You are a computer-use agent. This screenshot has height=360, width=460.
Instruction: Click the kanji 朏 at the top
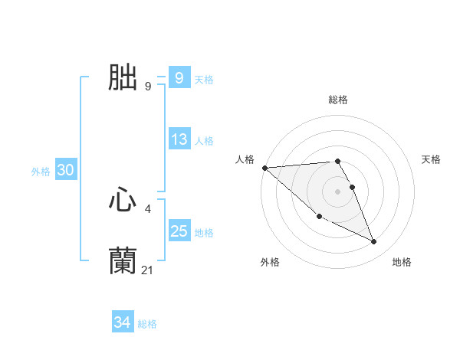pos(123,77)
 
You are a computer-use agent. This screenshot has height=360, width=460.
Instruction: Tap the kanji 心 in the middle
pos(123,201)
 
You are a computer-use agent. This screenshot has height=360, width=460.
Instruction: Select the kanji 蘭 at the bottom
pos(123,261)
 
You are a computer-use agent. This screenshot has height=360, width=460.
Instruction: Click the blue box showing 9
pos(179,77)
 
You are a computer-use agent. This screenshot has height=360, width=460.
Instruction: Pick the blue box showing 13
pos(179,139)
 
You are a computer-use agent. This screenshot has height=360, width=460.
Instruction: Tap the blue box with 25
pos(179,231)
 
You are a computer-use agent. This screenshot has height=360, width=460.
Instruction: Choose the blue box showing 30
pos(65,170)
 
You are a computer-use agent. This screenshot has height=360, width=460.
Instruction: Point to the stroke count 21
pos(148,270)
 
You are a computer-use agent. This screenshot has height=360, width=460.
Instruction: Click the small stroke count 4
pos(147,208)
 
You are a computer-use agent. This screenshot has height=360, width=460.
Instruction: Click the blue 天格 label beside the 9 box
pos(204,80)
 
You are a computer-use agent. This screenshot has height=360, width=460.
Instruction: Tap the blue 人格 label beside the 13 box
pos(204,141)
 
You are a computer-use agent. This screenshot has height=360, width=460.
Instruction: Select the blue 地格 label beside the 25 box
pos(204,233)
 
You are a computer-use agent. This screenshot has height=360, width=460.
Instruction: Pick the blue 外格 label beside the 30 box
pos(41,172)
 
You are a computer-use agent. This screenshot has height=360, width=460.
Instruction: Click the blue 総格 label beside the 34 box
pos(147,324)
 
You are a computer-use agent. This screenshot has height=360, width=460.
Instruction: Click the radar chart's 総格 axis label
pos(338,100)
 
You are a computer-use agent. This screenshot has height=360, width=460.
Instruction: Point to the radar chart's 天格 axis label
pos(431,159)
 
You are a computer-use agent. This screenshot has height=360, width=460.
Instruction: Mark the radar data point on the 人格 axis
pos(264,168)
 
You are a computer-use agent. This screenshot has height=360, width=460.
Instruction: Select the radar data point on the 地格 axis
pos(374,242)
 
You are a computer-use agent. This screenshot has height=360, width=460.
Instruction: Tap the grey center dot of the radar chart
pos(338,191)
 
